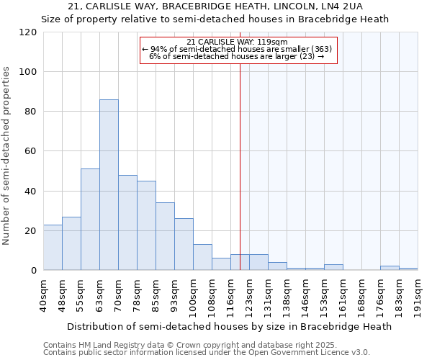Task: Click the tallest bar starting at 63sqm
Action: click(x=109, y=184)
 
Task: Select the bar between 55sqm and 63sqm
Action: click(x=90, y=219)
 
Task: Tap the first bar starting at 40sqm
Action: click(x=53, y=247)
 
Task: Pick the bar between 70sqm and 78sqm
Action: click(x=127, y=222)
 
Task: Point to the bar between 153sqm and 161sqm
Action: click(x=333, y=267)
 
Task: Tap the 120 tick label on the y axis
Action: click(x=28, y=32)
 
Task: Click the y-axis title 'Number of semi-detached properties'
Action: click(x=7, y=156)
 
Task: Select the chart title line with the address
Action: click(x=215, y=6)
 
